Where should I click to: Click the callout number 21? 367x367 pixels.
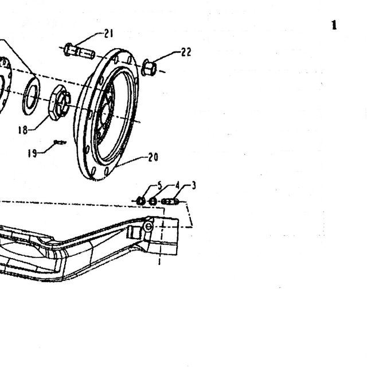[x=108, y=33]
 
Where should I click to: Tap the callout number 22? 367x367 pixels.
[x=186, y=52]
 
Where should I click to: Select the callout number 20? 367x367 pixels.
[x=153, y=157]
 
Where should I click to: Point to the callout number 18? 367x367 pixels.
[x=23, y=130]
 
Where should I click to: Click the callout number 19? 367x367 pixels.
[x=32, y=154]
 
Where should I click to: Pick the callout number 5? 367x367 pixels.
[x=160, y=186]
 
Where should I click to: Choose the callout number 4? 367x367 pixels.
[x=177, y=186]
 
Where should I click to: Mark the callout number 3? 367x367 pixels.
[x=194, y=186]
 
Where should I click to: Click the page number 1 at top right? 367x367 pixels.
[x=334, y=25]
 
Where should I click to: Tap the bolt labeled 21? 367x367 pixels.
[x=79, y=51]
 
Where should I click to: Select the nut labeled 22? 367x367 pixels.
[x=149, y=68]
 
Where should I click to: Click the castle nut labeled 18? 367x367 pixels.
[x=59, y=103]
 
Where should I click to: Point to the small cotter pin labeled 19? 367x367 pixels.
[x=60, y=142]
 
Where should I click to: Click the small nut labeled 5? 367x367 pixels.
[x=140, y=201]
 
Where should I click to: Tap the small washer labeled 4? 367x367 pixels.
[x=153, y=201]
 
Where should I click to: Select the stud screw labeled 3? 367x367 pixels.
[x=170, y=201]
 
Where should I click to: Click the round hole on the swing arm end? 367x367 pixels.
[x=149, y=227]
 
